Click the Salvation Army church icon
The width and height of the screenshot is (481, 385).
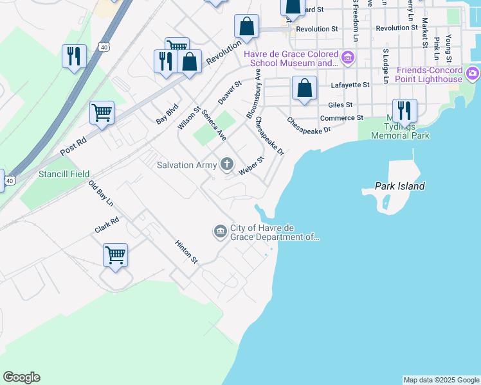(x=226, y=165)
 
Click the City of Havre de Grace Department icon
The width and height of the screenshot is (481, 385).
(x=220, y=231)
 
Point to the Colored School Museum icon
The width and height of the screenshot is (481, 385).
(x=348, y=58)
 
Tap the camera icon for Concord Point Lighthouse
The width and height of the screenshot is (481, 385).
(x=473, y=74)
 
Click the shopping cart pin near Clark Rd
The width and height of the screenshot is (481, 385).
(x=115, y=255)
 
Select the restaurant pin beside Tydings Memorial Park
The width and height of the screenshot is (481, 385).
(x=404, y=110)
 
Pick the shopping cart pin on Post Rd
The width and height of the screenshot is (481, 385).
(x=102, y=113)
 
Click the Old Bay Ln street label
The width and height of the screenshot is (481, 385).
(x=101, y=194)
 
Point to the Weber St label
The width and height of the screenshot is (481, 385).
(x=251, y=166)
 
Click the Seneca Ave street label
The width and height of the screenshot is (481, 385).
(x=213, y=125)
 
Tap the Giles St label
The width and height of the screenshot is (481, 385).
(x=340, y=104)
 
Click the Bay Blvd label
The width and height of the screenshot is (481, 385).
(x=166, y=116)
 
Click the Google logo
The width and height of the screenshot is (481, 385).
(x=21, y=377)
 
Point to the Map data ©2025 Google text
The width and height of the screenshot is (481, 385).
(x=441, y=380)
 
